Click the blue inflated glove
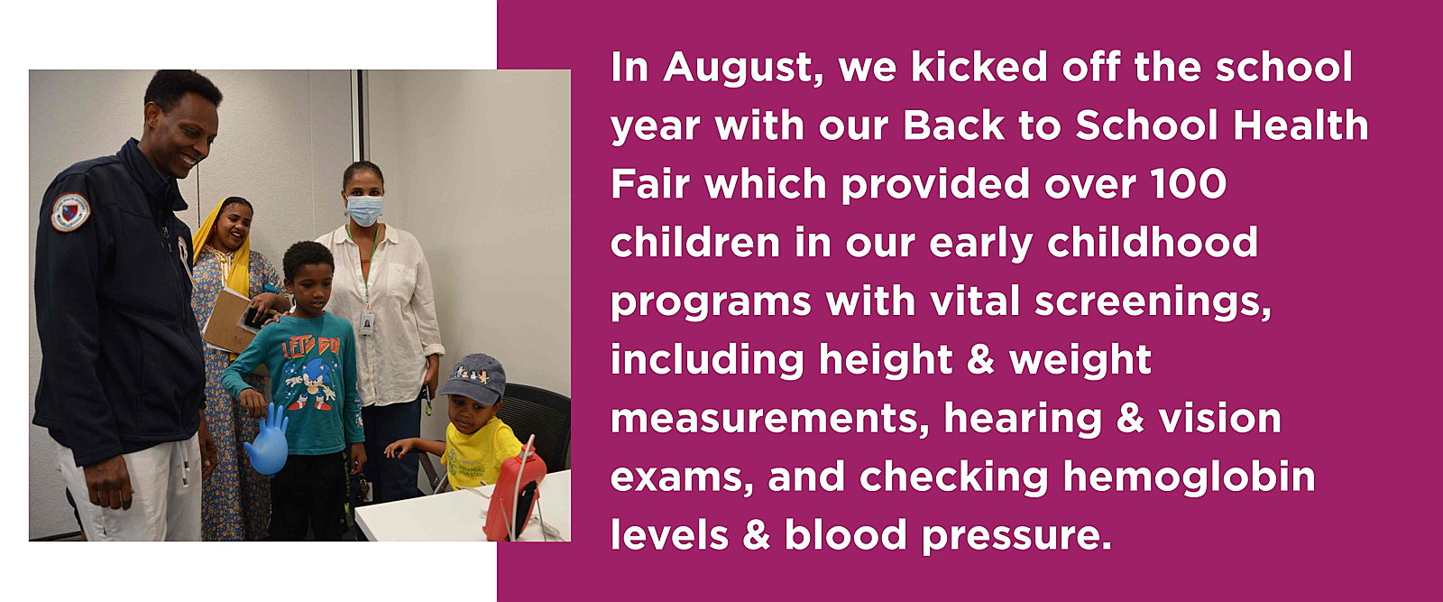tap(267, 439)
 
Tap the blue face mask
tap(364, 210)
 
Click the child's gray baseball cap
tap(473, 378)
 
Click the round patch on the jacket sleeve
tap(70, 211)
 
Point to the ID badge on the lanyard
tap(366, 324)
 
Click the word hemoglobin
tap(1189, 477)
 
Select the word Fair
tap(650, 184)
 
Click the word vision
tap(1219, 418)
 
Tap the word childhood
tap(1152, 243)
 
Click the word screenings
tap(1153, 301)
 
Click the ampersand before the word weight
tap(980, 359)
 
